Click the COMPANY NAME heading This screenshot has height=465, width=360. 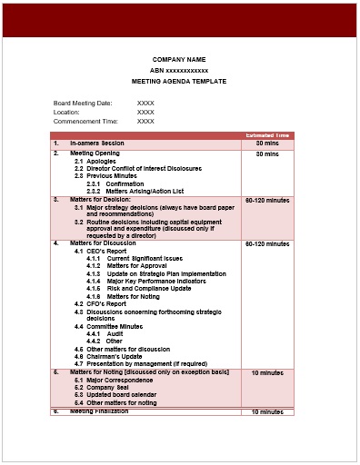click(179, 59)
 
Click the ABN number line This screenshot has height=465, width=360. click(179, 70)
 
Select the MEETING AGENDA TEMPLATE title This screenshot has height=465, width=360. click(179, 81)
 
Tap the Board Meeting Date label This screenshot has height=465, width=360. click(83, 103)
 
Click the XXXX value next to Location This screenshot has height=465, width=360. click(145, 112)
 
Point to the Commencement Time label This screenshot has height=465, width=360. click(85, 121)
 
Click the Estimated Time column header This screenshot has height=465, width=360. click(267, 135)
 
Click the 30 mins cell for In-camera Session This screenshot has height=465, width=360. click(266, 143)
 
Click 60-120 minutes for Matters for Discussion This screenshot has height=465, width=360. click(266, 244)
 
